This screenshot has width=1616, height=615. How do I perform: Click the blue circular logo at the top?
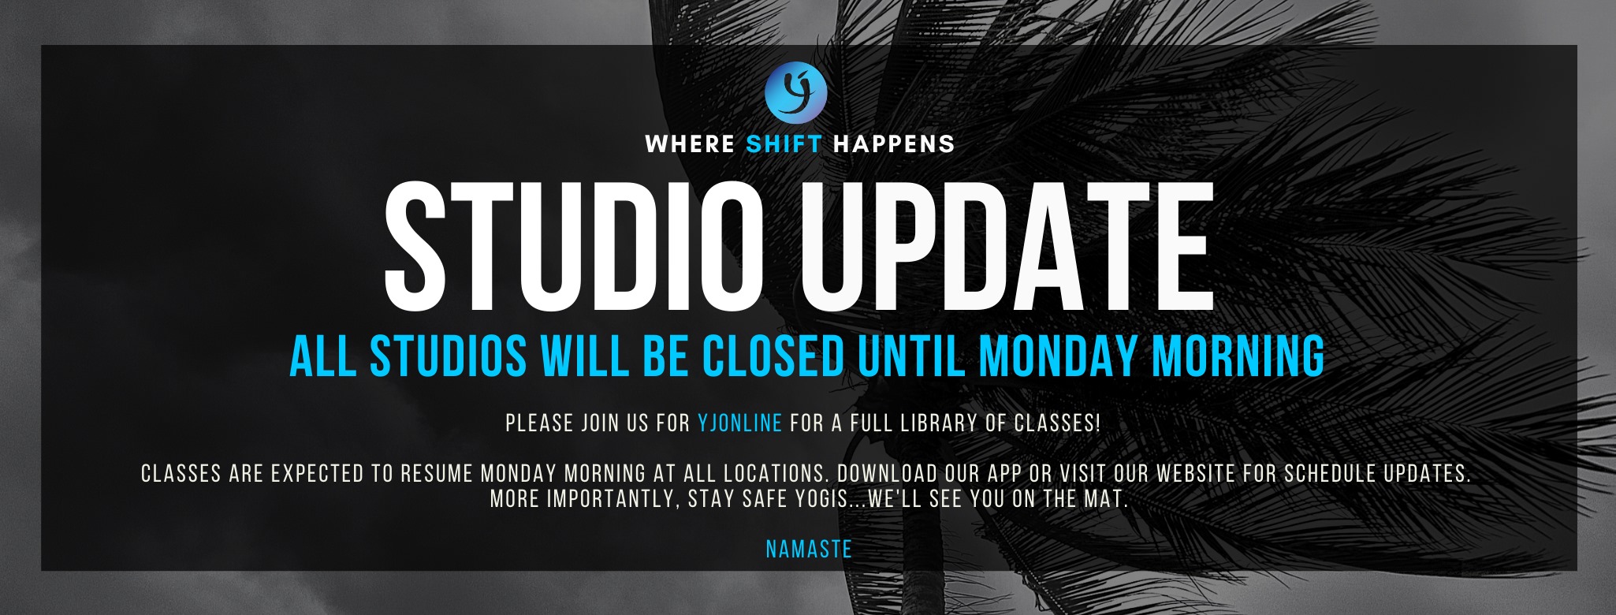[796, 92]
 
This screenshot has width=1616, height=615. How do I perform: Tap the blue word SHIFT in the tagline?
[784, 144]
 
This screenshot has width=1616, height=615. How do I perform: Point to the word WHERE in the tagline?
[690, 144]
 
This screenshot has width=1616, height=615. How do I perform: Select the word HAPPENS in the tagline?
[894, 144]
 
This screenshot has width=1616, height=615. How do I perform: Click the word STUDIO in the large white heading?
[573, 247]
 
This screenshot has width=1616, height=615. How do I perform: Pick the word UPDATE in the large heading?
[1007, 247]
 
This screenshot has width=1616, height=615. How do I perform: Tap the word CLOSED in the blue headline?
[773, 356]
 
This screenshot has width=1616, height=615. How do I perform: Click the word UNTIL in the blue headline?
[911, 356]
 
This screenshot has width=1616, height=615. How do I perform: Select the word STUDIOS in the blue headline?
[449, 356]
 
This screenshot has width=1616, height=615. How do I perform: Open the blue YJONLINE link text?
[739, 423]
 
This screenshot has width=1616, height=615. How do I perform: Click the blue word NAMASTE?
[809, 549]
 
